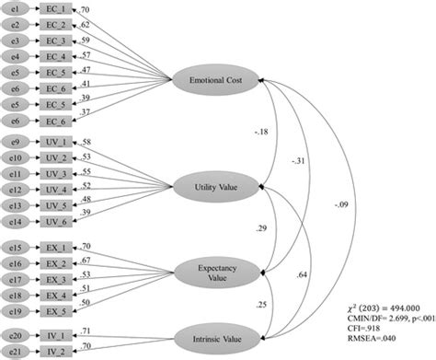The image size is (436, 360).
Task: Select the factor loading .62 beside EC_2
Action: [x=110, y=23]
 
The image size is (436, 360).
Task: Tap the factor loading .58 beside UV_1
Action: [x=110, y=143]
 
